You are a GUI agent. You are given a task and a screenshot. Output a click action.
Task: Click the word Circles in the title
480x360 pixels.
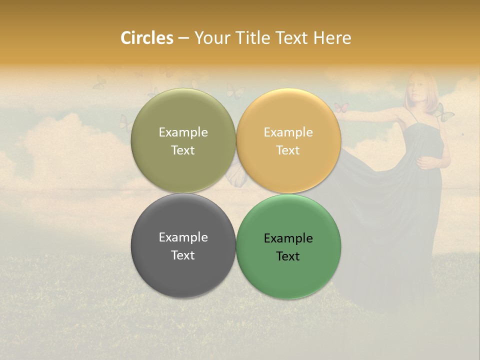click(x=147, y=38)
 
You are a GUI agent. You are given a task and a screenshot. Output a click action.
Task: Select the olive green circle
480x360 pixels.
click(x=183, y=140)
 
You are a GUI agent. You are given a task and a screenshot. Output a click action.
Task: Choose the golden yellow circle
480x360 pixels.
click(x=288, y=140)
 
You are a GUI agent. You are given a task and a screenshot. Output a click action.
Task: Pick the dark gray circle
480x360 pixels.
click(x=183, y=246)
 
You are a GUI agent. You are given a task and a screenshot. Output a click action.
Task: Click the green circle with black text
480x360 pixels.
click(x=288, y=246)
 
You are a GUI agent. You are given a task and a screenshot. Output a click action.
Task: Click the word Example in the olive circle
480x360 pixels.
click(x=183, y=132)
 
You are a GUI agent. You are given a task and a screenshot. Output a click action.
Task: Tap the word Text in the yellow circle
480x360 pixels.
click(x=288, y=150)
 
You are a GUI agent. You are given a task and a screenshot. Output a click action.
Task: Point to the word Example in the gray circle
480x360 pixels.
click(x=183, y=237)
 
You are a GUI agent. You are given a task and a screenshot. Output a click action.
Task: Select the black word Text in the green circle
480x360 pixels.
click(x=288, y=256)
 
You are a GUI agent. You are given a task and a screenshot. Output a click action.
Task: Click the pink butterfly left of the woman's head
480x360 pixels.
click(x=341, y=107)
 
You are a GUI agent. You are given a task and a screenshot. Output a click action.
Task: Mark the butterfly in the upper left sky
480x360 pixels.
click(x=99, y=81)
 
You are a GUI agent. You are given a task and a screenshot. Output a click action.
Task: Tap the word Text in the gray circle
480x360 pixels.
click(x=183, y=255)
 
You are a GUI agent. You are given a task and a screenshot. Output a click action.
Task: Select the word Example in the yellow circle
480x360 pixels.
click(x=288, y=132)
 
